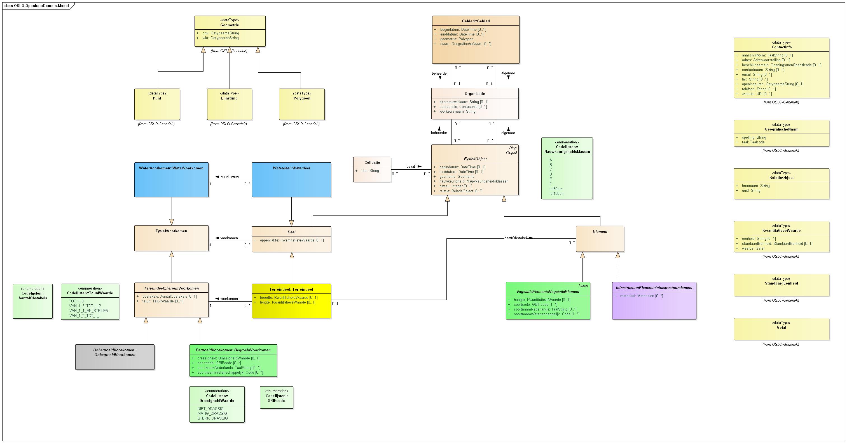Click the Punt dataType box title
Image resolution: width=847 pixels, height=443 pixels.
tap(157, 98)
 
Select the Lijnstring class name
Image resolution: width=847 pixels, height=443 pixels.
tap(229, 98)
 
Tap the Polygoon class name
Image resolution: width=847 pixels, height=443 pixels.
tap(301, 98)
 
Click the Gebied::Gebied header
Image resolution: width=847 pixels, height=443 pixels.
tap(476, 21)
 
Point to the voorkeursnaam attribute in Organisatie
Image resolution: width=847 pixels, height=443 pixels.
tap(457, 111)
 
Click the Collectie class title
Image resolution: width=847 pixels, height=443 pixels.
tap(372, 163)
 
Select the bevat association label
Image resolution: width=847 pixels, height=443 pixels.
tap(411, 167)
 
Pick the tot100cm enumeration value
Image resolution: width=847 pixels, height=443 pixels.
tap(557, 193)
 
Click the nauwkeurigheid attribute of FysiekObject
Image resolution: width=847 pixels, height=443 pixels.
tap(474, 181)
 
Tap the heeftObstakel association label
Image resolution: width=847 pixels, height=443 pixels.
tap(515, 238)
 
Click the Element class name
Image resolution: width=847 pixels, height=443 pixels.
tap(600, 231)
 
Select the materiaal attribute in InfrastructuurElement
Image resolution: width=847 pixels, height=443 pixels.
tap(641, 296)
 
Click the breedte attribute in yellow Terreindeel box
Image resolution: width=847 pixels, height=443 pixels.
tap(288, 297)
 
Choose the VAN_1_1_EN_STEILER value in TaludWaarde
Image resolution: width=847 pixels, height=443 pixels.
tap(88, 311)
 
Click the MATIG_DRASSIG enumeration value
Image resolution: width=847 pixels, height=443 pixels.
tap(212, 413)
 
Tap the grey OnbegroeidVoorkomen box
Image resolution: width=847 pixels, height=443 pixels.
tap(115, 357)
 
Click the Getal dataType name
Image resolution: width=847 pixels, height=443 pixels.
tap(781, 327)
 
